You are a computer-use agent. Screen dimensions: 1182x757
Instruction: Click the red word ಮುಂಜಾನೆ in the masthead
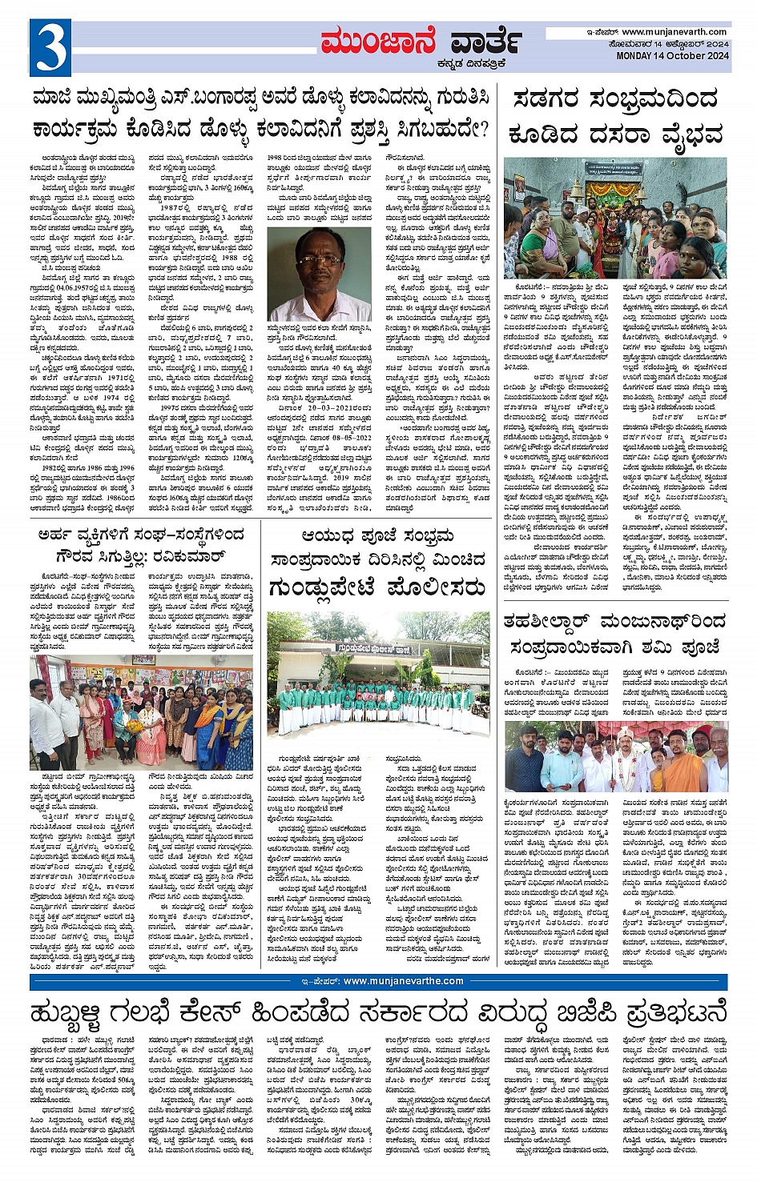point(378,42)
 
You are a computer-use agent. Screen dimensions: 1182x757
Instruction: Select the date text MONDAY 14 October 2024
point(672,56)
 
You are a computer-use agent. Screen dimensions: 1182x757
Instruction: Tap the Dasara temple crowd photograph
point(615,217)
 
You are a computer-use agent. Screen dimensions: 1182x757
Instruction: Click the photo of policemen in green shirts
point(378,674)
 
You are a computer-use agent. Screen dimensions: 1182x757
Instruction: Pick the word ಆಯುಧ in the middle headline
point(328,536)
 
